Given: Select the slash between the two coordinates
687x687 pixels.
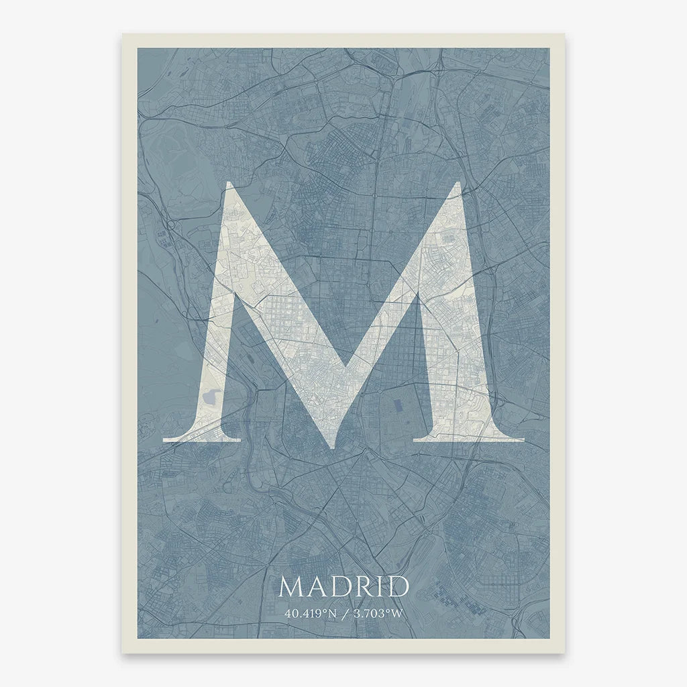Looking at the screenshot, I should tap(343, 613).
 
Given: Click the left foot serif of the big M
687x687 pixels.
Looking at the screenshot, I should tap(201, 437).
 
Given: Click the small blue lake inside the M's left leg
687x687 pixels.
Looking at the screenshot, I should tap(209, 397).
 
